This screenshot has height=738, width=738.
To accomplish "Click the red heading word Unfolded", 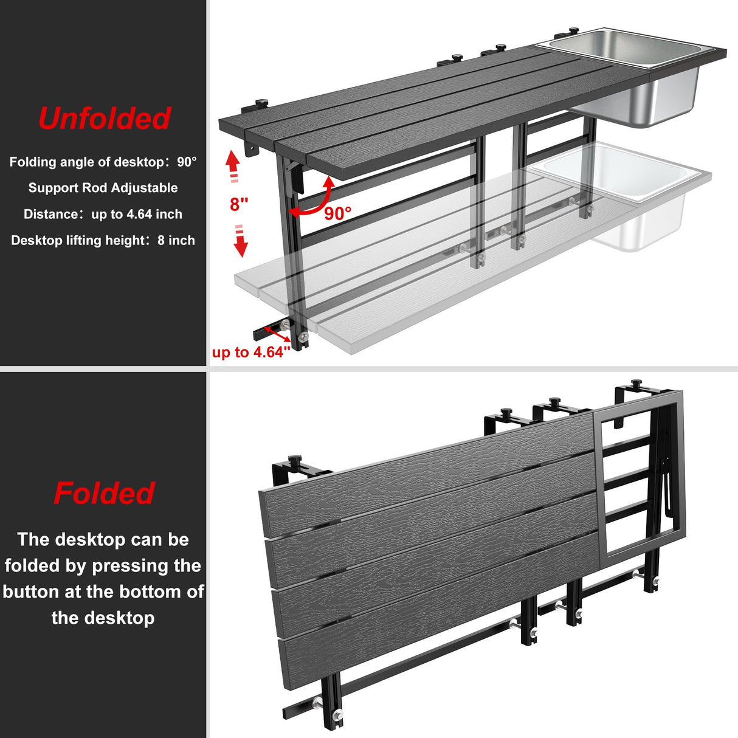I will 104,119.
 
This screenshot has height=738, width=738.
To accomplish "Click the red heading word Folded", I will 104,493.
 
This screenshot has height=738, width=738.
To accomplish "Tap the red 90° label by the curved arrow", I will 337,213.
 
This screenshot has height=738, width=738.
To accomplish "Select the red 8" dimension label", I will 239,204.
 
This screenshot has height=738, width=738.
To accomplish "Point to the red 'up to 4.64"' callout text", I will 251,353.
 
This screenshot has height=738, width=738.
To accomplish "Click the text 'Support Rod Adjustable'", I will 103,188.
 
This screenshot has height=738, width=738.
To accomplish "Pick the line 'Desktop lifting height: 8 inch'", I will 103,240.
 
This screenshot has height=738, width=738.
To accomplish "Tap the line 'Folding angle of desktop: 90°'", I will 103,162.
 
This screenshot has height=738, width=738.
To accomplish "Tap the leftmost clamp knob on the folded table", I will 295,460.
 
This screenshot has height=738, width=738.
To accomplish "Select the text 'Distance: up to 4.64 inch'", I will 103,214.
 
